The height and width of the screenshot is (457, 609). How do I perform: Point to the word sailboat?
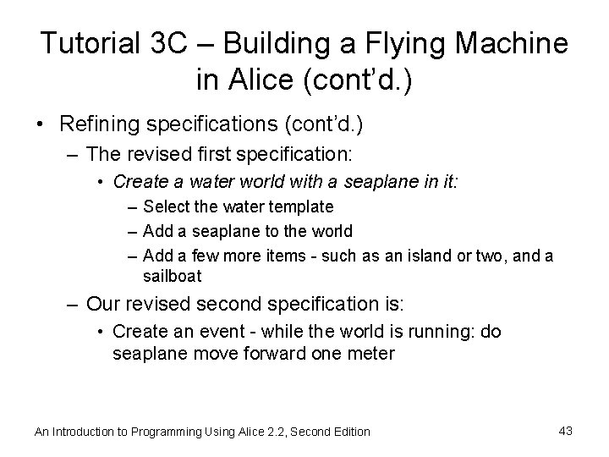pyautogui.click(x=173, y=276)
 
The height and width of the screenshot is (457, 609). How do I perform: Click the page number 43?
pyautogui.click(x=566, y=431)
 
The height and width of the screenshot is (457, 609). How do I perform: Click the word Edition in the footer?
pyautogui.click(x=349, y=432)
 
